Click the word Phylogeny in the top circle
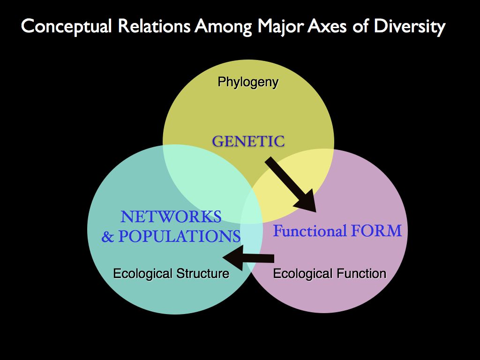[x=248, y=82]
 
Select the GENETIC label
[x=248, y=141]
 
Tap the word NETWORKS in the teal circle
[x=171, y=217]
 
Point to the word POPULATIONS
[x=179, y=237]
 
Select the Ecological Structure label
[x=171, y=273]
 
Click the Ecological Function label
[x=330, y=273]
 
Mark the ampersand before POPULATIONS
[x=108, y=237]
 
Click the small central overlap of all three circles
[x=252, y=209]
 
